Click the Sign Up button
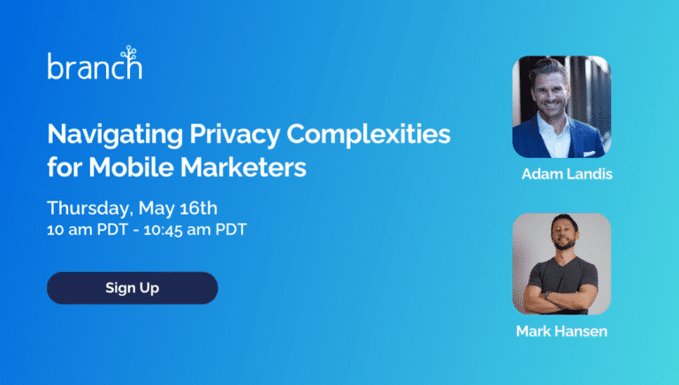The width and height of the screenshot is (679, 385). tap(132, 288)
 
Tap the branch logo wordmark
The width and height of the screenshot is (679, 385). tap(95, 66)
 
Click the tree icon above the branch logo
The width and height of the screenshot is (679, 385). tap(129, 53)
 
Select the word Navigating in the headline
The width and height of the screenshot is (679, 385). tap(115, 134)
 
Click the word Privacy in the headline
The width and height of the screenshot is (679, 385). tap(235, 134)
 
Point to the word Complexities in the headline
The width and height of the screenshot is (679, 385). tap(369, 134)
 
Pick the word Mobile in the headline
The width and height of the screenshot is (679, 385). tap(131, 167)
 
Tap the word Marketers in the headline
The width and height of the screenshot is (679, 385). tap(243, 167)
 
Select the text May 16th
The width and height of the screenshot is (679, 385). tap(178, 208)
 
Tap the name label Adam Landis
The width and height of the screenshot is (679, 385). tap(567, 174)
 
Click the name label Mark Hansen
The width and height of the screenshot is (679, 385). tap(561, 331)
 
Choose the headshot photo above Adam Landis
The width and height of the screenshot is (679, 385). tap(561, 107)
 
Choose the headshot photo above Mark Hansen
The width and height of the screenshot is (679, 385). tap(561, 263)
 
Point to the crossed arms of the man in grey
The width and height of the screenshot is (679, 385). tap(560, 298)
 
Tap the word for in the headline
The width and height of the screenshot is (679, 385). tap(65, 167)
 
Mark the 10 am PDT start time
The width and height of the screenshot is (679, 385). tap(88, 230)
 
